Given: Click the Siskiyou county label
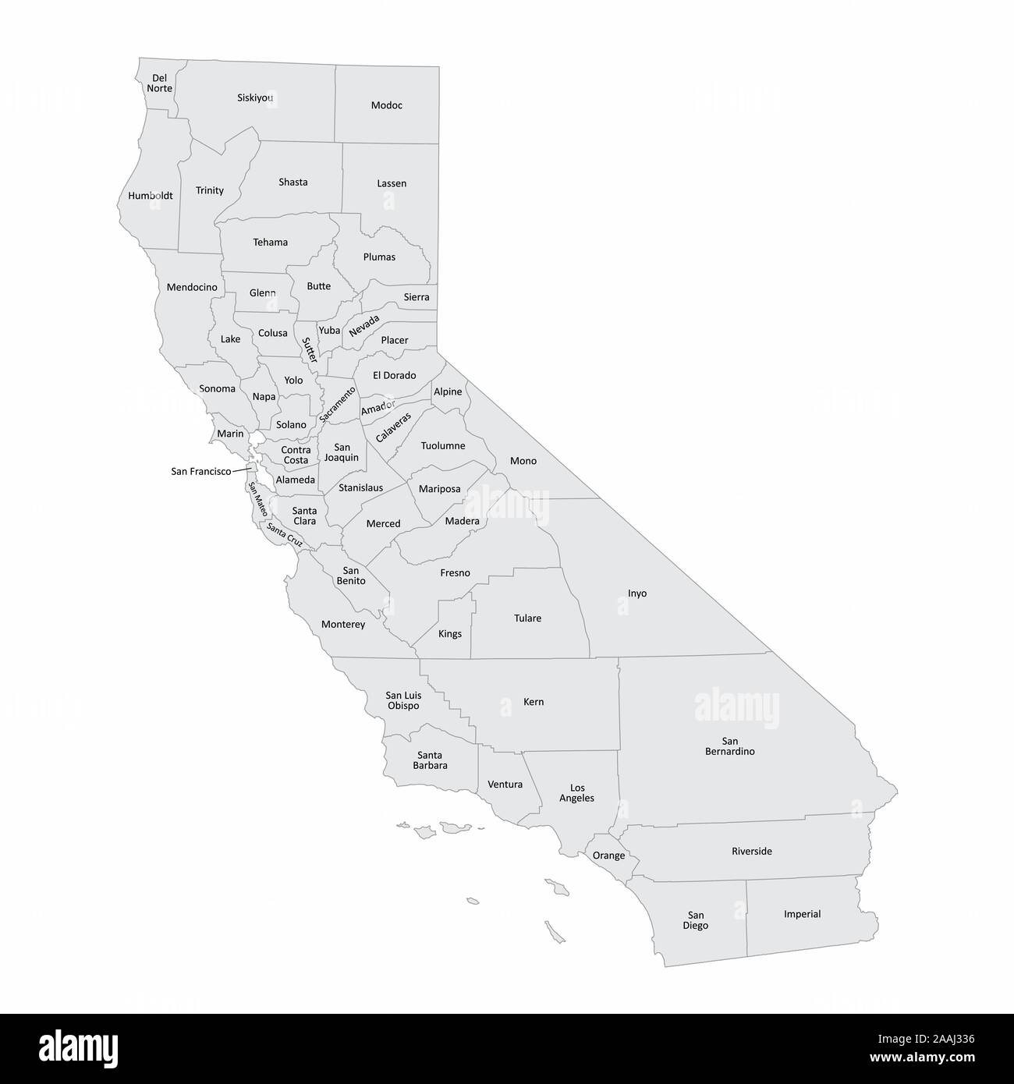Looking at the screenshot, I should (255, 98).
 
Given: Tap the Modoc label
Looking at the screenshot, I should (387, 105).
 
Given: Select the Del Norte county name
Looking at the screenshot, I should (159, 83).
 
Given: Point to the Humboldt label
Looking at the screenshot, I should (151, 196).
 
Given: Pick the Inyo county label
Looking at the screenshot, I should (637, 593).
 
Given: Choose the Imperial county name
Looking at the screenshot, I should (802, 914).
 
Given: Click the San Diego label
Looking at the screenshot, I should (696, 920).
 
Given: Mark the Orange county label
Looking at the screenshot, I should (608, 856).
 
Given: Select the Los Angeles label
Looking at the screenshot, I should (577, 792).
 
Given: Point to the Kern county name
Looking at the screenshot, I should (534, 702).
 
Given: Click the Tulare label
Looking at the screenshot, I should (527, 618).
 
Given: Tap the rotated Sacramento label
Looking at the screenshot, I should (338, 404).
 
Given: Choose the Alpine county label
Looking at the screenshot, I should (448, 391).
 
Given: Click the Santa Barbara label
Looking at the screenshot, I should (430, 760).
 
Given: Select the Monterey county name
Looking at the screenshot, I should (343, 625).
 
